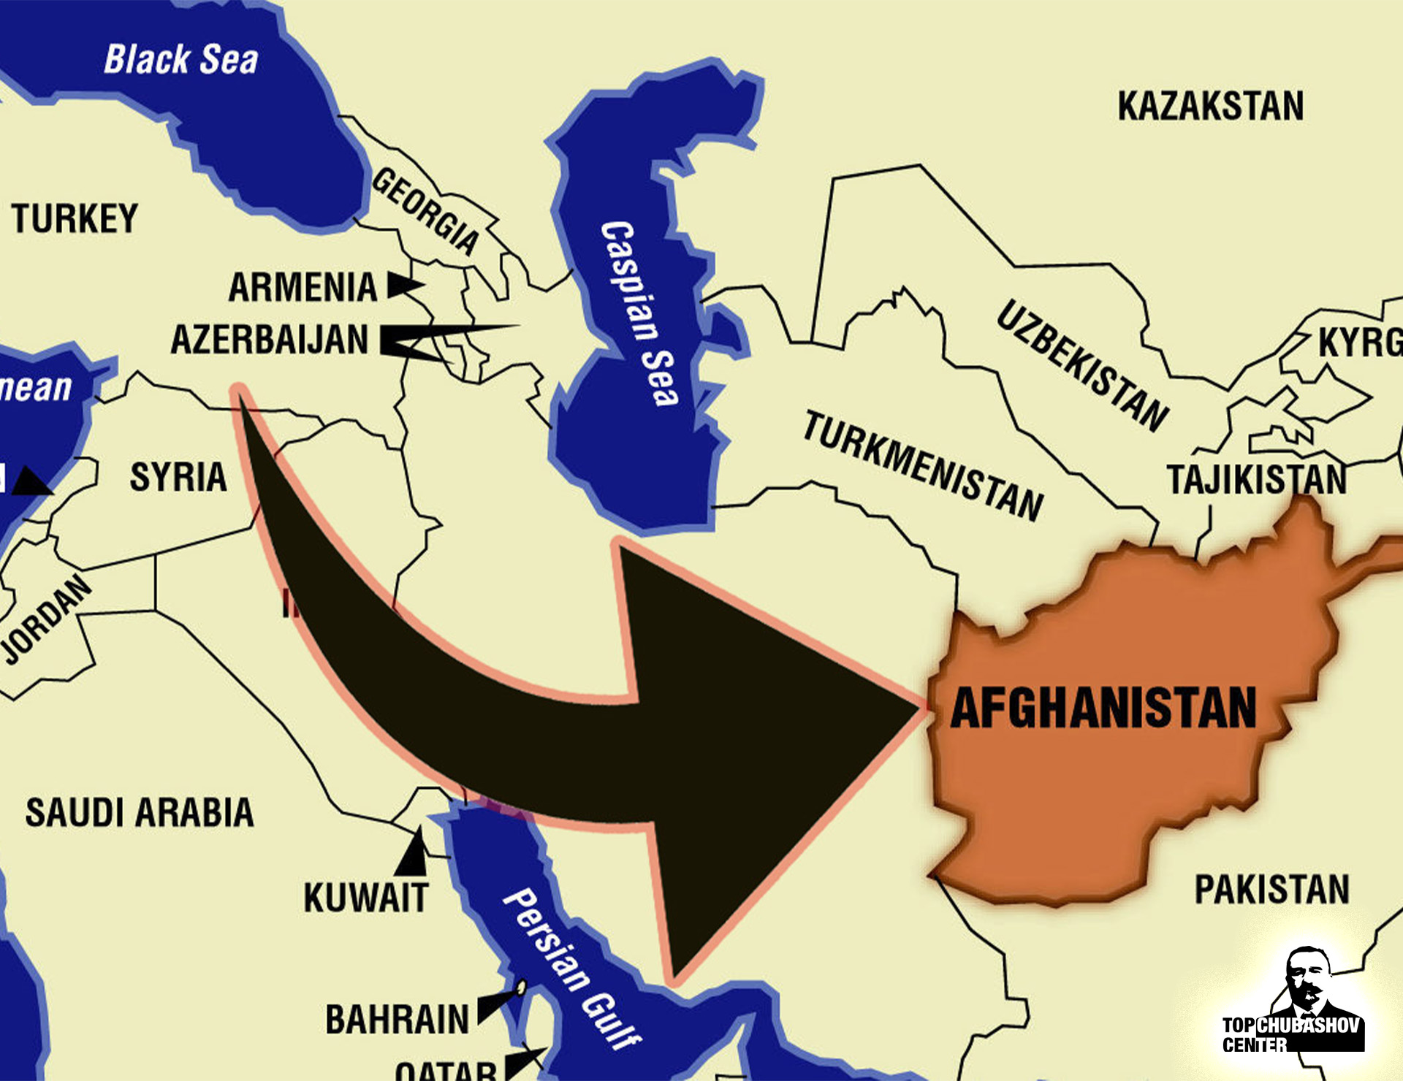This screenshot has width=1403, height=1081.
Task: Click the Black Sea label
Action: click(180, 60)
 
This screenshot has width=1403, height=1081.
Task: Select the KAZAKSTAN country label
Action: click(1210, 107)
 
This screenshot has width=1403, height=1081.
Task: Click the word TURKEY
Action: click(75, 218)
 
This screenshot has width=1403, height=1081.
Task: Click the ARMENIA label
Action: click(303, 287)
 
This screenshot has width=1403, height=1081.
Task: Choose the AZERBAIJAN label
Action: click(270, 340)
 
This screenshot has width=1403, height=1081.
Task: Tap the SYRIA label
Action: click(178, 478)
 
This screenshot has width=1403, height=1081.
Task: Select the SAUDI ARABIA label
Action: click(140, 812)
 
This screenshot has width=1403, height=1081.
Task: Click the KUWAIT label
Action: click(365, 898)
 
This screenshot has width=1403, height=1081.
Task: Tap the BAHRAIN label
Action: click(397, 1019)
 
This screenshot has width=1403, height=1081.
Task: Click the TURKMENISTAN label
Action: click(923, 466)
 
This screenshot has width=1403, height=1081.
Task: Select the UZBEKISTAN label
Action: click(1082, 365)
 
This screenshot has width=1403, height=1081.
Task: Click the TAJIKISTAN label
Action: click(1256, 480)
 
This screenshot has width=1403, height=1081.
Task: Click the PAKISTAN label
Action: click(1271, 890)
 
